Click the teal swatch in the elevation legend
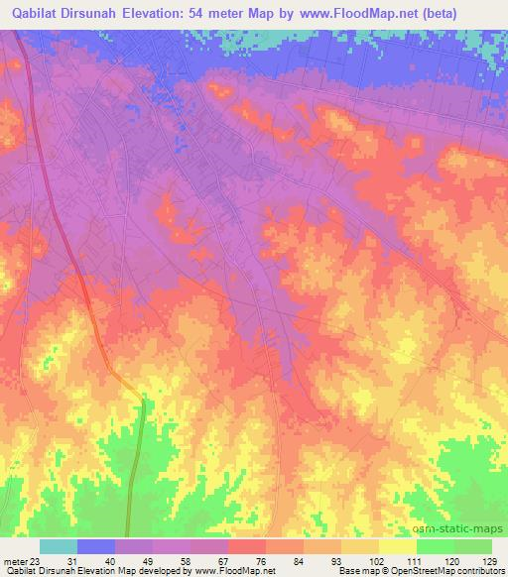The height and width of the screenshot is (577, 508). coord(59,547)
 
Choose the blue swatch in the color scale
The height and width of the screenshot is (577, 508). coord(96,547)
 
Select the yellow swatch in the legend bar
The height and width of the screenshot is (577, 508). coord(397,547)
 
